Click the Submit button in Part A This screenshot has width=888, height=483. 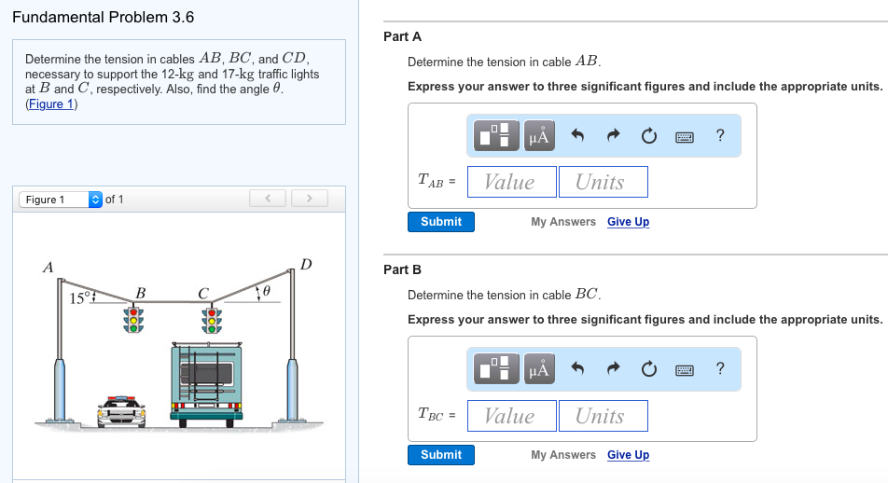tap(440, 222)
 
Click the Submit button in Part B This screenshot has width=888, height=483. tap(440, 455)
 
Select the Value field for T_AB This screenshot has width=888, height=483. tap(511, 182)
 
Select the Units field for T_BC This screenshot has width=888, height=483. tap(603, 416)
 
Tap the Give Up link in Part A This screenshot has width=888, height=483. tap(628, 222)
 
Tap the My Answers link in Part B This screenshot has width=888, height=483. tap(562, 455)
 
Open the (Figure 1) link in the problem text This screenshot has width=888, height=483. tap(51, 103)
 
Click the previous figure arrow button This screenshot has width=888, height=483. tap(269, 199)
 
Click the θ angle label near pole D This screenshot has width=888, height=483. tap(267, 293)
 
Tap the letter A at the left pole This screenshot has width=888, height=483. tap(49, 268)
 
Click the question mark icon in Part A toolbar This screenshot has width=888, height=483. tap(719, 136)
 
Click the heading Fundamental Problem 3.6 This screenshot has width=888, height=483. tap(104, 18)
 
